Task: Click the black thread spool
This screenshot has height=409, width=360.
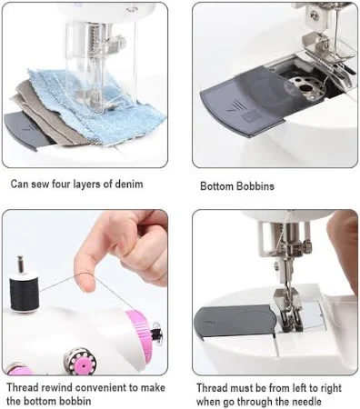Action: [x=25, y=292]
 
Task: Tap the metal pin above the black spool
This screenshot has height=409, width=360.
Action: [x=21, y=264]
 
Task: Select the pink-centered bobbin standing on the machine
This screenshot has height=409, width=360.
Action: [x=81, y=361]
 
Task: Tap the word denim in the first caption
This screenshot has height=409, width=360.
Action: [x=129, y=184]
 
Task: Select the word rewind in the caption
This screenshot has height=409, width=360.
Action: [x=56, y=387]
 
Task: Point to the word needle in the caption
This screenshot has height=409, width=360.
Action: [x=306, y=402]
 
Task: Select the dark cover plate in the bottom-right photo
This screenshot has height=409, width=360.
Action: [x=235, y=321]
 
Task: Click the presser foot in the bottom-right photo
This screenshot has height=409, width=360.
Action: [x=288, y=309]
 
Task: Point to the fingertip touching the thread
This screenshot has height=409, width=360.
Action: [x=85, y=284]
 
